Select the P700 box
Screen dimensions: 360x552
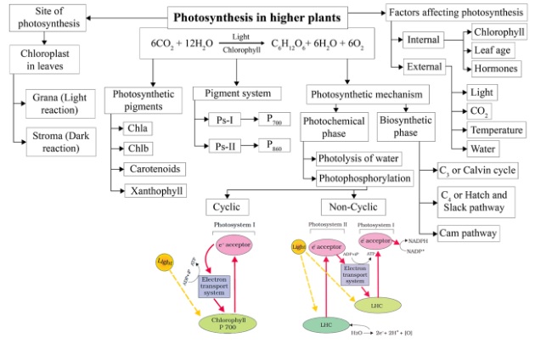(x=277, y=121)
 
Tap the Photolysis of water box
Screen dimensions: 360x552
(x=358, y=158)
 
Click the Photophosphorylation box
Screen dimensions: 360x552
(x=365, y=178)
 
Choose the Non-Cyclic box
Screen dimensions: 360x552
(x=353, y=206)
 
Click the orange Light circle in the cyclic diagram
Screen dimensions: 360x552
(x=165, y=262)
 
